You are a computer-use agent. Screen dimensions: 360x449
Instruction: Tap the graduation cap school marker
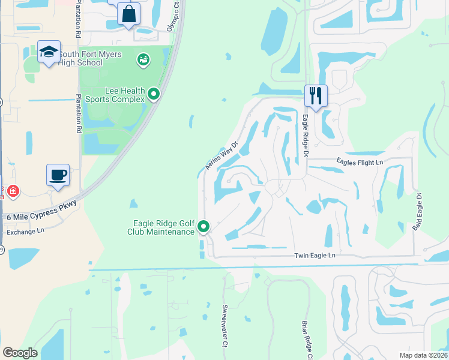pos(49,52)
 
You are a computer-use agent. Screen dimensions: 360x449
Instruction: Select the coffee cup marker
pos(58,175)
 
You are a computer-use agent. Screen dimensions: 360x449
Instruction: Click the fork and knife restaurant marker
pos(316,95)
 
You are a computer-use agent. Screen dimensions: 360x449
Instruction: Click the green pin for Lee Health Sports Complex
pos(154,94)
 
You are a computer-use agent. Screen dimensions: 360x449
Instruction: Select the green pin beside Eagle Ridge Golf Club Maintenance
pos(203,227)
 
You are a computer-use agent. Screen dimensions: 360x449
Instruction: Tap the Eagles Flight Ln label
pos(360,163)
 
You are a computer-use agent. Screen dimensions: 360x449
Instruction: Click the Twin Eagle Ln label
pos(315,256)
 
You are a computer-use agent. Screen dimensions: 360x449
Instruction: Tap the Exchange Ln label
pos(26,230)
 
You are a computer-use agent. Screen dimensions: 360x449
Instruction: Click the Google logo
pos(20,353)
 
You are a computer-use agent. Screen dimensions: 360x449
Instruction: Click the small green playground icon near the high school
pos(143,59)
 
